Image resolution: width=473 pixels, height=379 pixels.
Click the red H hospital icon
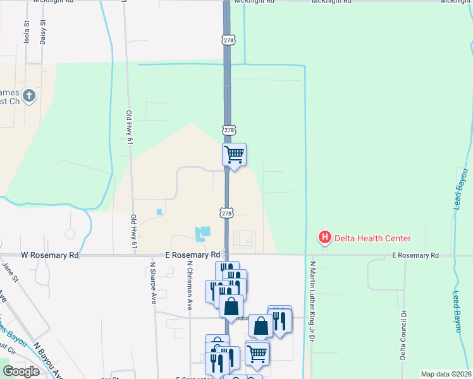(x=325, y=238)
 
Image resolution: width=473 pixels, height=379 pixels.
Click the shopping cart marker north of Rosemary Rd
(x=235, y=154)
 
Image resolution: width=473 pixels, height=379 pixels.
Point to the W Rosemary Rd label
(x=50, y=256)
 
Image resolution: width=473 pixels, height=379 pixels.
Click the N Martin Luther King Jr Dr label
(x=312, y=300)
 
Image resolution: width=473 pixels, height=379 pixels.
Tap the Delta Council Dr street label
(x=402, y=335)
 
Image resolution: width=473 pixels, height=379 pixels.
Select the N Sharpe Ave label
(x=153, y=283)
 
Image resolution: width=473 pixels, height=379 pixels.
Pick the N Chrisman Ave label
(x=189, y=286)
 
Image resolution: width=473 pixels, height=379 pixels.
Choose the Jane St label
(x=11, y=277)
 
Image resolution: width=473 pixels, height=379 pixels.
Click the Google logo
(x=21, y=371)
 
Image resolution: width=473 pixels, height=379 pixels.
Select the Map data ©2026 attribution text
(x=446, y=374)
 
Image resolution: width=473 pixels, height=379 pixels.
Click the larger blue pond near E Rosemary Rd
(x=203, y=234)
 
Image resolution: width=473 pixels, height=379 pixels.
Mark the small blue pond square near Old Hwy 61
(x=159, y=212)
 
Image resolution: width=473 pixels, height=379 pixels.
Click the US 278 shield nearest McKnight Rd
(x=229, y=40)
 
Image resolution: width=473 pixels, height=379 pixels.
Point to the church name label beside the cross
(x=11, y=97)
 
